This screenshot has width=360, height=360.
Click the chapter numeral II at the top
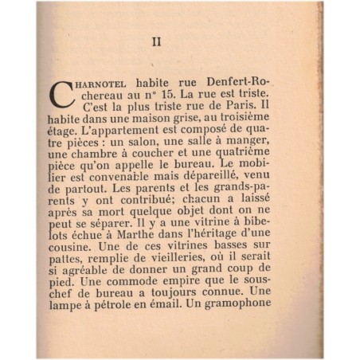pos(156,42)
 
